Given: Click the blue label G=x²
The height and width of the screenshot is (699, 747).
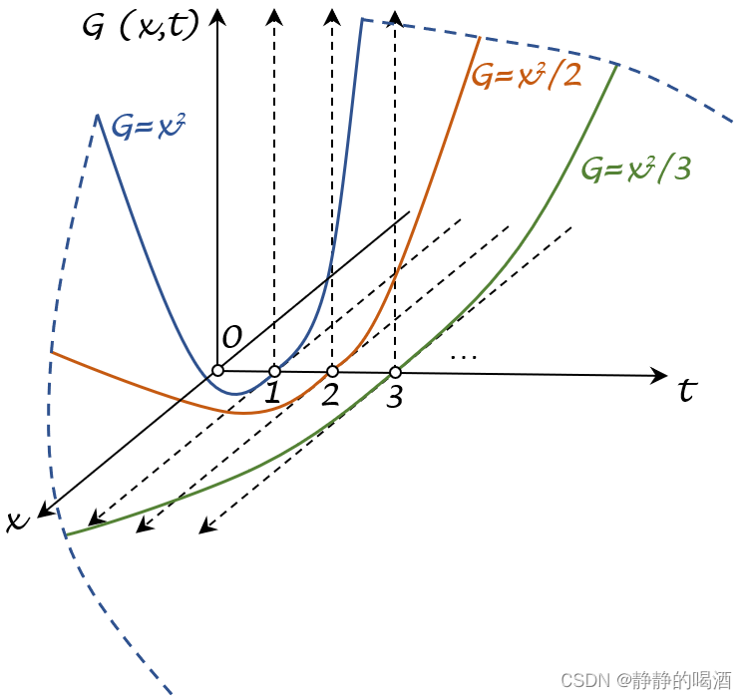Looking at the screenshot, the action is (148, 127).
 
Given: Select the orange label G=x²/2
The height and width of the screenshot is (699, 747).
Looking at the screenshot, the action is (527, 75).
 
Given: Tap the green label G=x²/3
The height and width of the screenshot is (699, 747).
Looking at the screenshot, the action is (636, 169).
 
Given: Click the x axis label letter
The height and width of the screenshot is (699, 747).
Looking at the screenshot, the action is (18, 521).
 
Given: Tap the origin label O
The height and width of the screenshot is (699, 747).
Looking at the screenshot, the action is (232, 337).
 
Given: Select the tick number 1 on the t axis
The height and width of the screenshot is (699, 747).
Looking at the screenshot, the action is (272, 393).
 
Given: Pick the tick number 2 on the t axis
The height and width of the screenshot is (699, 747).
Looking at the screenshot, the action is (330, 394).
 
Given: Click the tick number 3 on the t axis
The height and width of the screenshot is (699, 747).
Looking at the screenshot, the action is (395, 396).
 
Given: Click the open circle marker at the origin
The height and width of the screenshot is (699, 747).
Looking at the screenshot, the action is (217, 370).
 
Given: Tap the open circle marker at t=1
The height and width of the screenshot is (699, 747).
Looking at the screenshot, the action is (274, 371).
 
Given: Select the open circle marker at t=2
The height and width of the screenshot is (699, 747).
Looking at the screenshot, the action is (332, 371).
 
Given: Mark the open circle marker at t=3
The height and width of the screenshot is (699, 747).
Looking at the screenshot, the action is (395, 372).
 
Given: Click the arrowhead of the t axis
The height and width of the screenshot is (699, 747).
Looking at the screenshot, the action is (659, 376).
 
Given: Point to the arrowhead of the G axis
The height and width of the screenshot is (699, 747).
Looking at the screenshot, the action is (217, 17).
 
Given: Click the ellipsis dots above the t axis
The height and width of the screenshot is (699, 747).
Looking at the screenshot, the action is (464, 357).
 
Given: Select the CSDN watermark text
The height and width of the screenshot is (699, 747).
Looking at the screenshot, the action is (646, 680).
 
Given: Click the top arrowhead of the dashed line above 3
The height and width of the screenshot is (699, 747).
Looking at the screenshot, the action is (395, 18).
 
